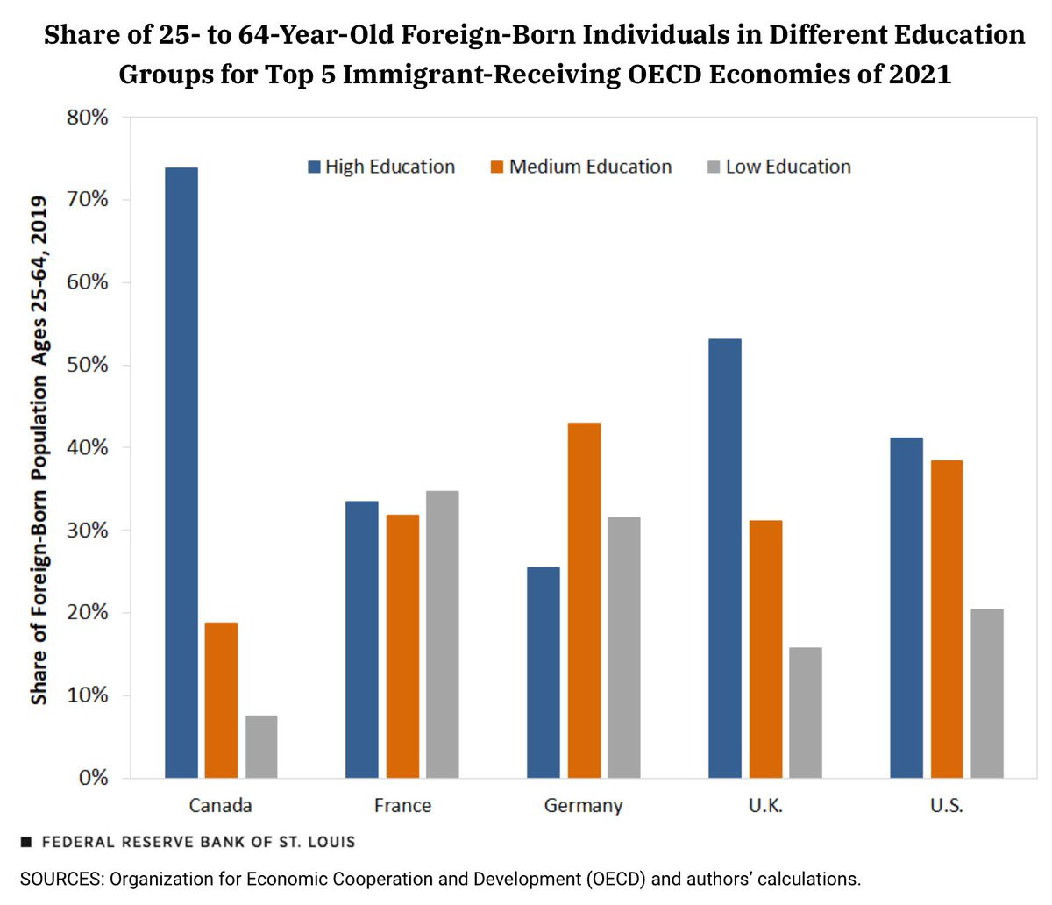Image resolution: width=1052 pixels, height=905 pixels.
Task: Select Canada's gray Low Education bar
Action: pos(261,746)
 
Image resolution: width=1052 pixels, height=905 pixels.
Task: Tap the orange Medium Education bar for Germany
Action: pos(584,600)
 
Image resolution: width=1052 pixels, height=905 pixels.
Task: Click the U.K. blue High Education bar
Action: pos(725,558)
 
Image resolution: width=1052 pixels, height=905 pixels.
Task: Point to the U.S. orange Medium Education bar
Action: pos(947,618)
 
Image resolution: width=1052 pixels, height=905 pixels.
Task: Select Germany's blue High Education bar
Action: pos(544,672)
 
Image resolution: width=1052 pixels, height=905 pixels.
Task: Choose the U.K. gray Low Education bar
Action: pos(806,712)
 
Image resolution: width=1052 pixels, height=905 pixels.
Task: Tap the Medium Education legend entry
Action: pos(581,167)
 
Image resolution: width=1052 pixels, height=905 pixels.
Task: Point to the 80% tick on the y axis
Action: pos(87,118)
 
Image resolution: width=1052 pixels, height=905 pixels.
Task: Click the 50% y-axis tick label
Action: pos(87,365)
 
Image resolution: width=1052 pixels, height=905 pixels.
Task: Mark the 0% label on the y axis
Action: pos(92,778)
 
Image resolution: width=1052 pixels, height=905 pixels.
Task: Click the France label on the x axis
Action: pos(402,805)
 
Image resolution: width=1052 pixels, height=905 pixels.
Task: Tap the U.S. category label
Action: pos(947,805)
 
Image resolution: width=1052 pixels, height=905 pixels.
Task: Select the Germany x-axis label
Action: pos(583,805)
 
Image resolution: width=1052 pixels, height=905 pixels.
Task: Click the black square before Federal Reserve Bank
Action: pos(26,842)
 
